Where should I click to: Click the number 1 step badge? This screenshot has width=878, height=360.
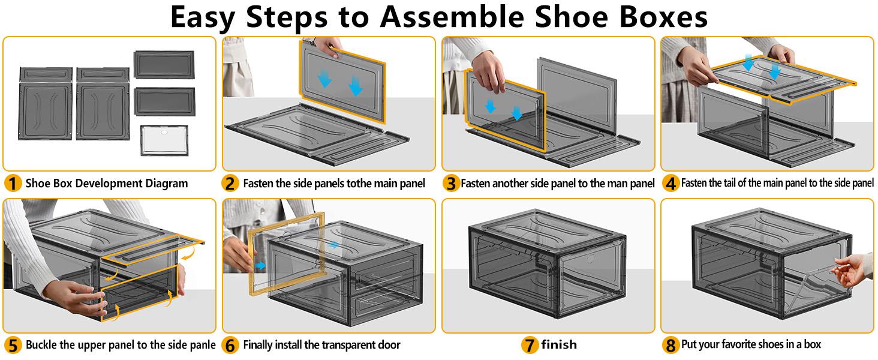click(13, 183)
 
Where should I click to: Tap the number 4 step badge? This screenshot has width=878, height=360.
click(671, 183)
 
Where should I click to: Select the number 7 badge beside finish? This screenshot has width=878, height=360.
click(529, 345)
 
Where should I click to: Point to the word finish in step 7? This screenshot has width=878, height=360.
click(558, 345)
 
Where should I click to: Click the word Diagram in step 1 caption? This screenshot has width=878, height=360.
click(164, 183)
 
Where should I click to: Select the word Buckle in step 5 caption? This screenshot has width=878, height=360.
click(43, 345)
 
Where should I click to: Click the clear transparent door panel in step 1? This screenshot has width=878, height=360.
click(164, 141)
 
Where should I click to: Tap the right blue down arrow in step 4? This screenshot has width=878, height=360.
click(774, 71)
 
